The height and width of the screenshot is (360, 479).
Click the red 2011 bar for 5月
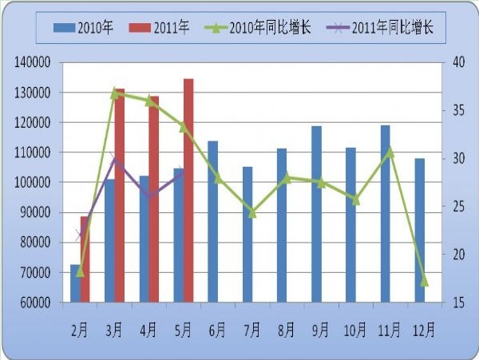pyautogui.click(x=188, y=192)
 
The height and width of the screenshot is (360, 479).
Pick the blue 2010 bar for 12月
pyautogui.click(x=420, y=231)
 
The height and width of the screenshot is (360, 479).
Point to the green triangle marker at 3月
pyautogui.click(x=115, y=93)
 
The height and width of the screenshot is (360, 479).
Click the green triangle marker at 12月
pyautogui.click(x=424, y=281)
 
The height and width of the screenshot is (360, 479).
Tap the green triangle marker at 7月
pyautogui.click(x=252, y=212)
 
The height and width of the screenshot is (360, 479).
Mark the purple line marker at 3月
pyautogui.click(x=115, y=160)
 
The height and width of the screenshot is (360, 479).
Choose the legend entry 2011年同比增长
pyautogui.click(x=382, y=29)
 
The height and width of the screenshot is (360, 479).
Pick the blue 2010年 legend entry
pyautogui.click(x=83, y=29)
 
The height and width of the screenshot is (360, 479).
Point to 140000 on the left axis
pyautogui.click(x=34, y=62)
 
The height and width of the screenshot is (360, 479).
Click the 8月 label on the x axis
pyautogui.click(x=287, y=329)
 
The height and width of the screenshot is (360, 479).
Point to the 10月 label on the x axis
pyautogui.click(x=355, y=329)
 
